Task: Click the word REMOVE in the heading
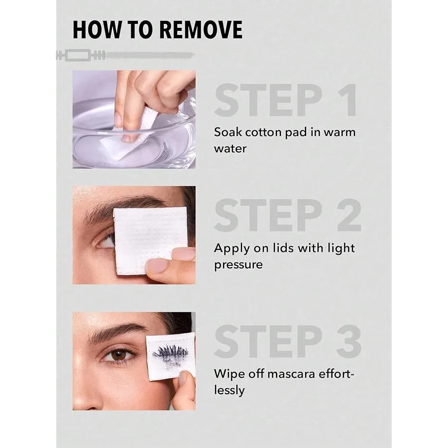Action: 201,30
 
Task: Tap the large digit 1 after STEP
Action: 346,100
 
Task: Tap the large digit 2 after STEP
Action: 349,215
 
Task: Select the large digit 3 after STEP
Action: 349,341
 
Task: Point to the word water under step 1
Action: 230,148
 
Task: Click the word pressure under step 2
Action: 238,265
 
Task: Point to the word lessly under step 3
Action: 229,391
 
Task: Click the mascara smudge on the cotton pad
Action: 171,355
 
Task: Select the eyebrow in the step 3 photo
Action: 117,331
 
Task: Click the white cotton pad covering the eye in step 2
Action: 150,240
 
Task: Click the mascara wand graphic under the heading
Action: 125,55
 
